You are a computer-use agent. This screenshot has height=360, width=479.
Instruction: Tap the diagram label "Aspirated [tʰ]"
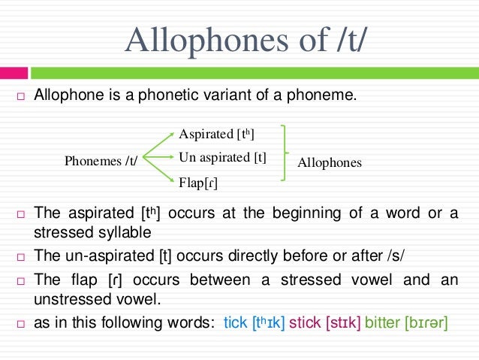click(216, 134)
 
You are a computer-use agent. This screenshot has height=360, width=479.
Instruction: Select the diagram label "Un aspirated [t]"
click(223, 157)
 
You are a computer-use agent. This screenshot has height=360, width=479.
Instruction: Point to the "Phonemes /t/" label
click(101, 161)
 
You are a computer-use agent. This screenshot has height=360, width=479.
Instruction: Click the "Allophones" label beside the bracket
click(330, 162)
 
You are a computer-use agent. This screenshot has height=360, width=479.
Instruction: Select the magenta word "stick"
click(304, 324)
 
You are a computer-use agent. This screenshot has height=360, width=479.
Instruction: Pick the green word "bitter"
click(382, 324)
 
